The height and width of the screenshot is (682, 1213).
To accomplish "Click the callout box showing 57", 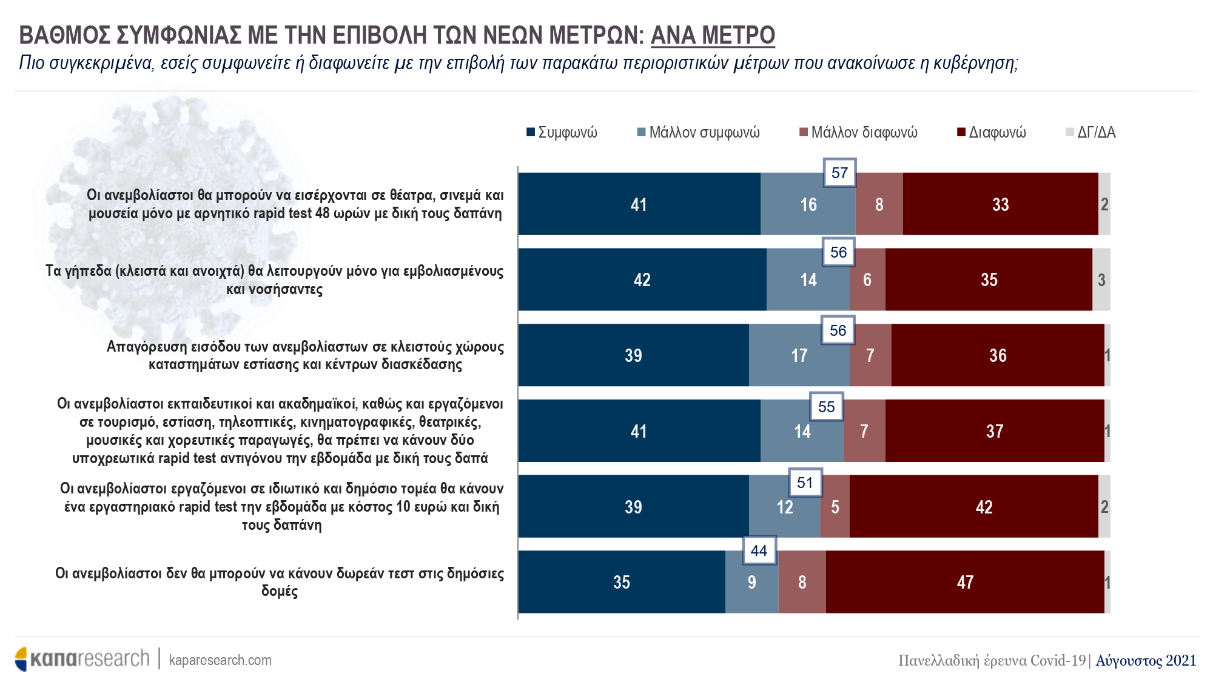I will (839, 173).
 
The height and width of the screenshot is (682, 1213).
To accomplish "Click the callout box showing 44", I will (759, 550).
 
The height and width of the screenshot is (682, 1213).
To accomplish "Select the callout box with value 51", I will (805, 483).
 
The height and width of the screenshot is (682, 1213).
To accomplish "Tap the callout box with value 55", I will (826, 407).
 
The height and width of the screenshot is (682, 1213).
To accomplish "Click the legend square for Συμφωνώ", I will (531, 132).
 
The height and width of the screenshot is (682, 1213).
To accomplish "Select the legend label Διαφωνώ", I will (997, 132).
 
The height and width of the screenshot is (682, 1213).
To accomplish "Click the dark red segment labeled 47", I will (964, 582).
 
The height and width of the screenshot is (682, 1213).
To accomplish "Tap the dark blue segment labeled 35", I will (621, 582).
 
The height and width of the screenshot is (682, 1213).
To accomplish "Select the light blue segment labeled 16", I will (808, 204).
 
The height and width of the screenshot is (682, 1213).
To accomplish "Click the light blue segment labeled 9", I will (751, 582).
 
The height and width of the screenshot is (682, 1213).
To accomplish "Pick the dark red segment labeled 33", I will (1000, 204).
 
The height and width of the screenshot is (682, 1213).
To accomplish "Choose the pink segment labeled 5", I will (835, 507).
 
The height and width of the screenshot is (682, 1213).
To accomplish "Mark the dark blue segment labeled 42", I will (642, 279).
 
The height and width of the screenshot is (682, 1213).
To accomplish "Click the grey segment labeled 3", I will (1101, 279).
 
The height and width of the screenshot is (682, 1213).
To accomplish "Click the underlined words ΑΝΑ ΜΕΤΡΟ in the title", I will (713, 35).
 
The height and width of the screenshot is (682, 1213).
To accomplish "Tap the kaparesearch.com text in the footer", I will (220, 660).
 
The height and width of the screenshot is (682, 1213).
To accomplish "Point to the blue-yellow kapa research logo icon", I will (22, 659).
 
